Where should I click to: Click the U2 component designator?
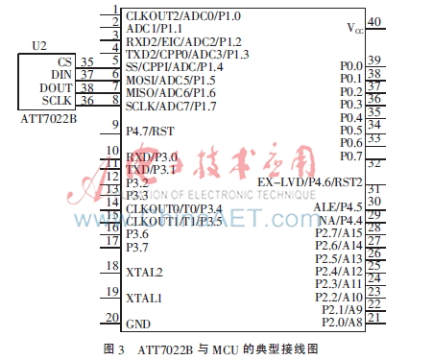pos(39,46)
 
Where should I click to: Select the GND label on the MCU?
pos(138,324)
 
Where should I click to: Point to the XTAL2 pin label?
pos(144,273)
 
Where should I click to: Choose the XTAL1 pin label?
pos(144,298)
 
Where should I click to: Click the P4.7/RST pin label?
pos(150,131)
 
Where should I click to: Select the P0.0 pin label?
pos(350,65)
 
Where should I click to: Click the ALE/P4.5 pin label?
pos(338,206)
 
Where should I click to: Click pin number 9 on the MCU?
pos(114,124)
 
